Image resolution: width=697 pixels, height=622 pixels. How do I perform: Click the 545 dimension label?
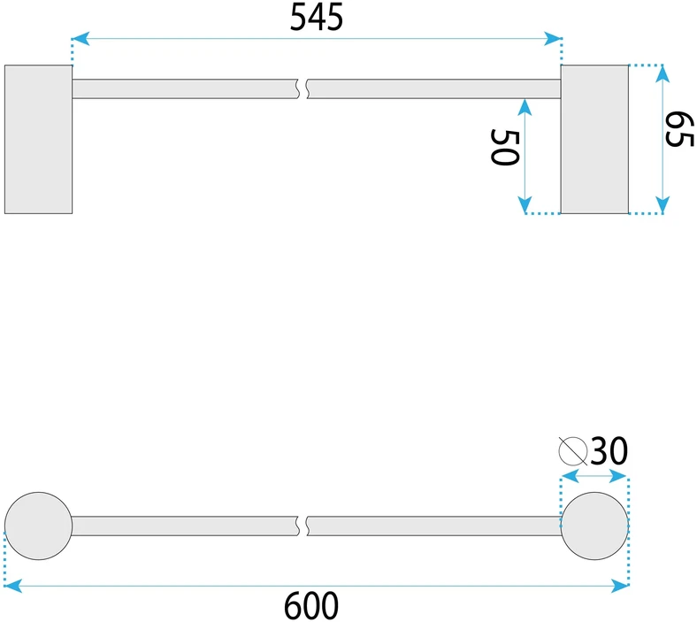[x=317, y=18]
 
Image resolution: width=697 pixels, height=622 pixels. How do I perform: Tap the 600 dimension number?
[x=311, y=606]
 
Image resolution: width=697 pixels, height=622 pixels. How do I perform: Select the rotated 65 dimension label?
[x=679, y=129]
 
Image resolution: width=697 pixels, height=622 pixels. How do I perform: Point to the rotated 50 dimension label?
[x=504, y=147]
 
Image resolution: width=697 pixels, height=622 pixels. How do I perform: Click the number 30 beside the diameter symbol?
[x=609, y=451]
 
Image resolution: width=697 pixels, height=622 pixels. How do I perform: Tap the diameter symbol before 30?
[x=573, y=451]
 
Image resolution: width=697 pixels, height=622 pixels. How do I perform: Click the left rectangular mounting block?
[x=38, y=139]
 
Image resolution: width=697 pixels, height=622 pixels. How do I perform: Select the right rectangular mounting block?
[x=594, y=139]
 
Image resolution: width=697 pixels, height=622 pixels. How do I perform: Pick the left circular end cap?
[x=38, y=526]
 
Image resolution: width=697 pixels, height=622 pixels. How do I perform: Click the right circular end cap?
[x=594, y=526]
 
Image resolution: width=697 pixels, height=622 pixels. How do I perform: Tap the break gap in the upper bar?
[x=303, y=89]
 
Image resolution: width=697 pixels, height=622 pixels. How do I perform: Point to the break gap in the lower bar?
[x=303, y=526]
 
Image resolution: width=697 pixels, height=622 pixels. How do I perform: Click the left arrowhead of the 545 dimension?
[x=80, y=39]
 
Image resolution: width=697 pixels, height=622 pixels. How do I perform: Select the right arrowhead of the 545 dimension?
[x=553, y=39]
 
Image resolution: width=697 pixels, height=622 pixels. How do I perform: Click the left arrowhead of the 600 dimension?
[x=13, y=586]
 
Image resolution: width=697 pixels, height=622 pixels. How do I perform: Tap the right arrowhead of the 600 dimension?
[x=620, y=586]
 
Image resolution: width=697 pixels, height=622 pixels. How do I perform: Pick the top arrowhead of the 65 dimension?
[x=663, y=73]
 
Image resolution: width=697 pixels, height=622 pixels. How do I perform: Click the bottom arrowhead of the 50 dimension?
[x=525, y=205]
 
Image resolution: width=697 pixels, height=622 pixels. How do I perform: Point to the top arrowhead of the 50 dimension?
[x=525, y=108]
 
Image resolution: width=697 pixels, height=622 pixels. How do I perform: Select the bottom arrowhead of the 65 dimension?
[x=663, y=205]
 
